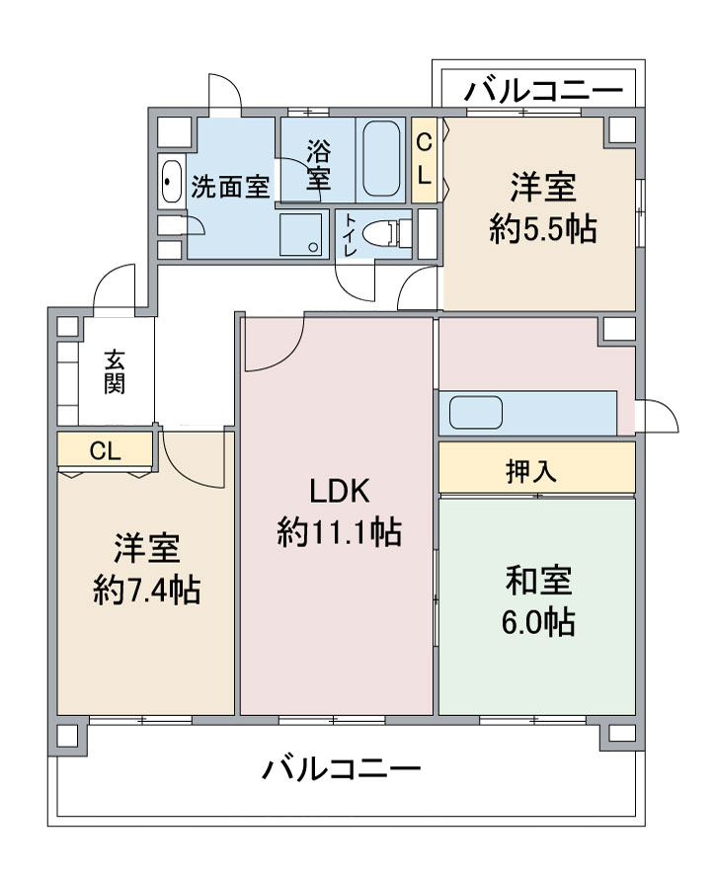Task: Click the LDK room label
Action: point(339,491)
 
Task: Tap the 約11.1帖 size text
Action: point(340,531)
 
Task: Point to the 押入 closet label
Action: point(531,471)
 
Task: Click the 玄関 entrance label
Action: point(115,372)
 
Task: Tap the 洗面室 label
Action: point(230,187)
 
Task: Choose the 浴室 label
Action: point(318,165)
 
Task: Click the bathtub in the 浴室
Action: point(381,159)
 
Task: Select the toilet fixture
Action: point(386,233)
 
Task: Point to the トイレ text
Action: point(351,234)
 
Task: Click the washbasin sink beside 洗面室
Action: point(171,181)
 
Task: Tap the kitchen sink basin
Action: point(476,413)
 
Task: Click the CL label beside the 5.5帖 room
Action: point(424,160)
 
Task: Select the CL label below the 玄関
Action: point(106,450)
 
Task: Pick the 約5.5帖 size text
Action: point(543,229)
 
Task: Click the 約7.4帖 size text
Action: point(146,590)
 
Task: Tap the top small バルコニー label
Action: point(543,90)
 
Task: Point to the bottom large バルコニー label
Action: point(342,769)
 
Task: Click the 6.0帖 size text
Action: point(538,621)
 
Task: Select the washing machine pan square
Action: point(300,234)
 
